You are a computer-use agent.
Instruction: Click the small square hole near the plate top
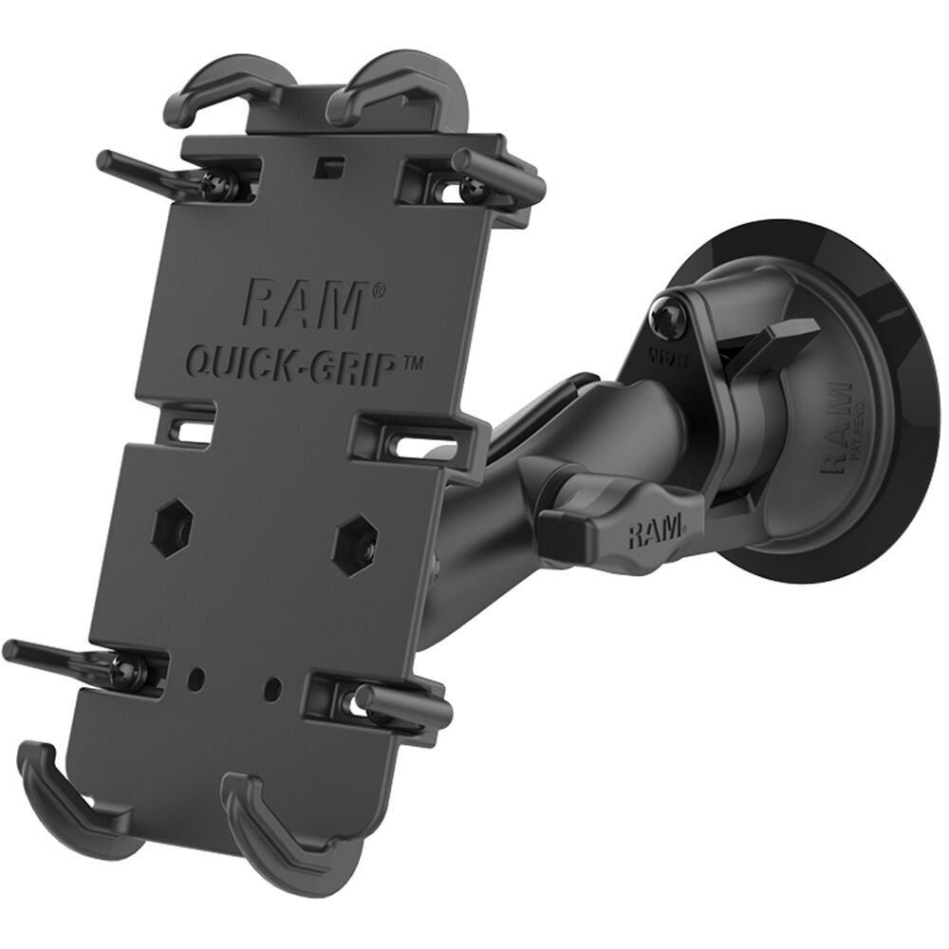click(328, 165)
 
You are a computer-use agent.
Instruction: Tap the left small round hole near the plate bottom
click(196, 678)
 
